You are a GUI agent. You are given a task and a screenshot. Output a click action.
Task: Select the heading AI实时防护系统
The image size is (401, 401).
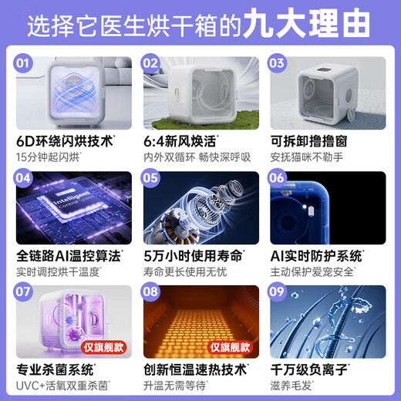(x=316, y=255)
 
